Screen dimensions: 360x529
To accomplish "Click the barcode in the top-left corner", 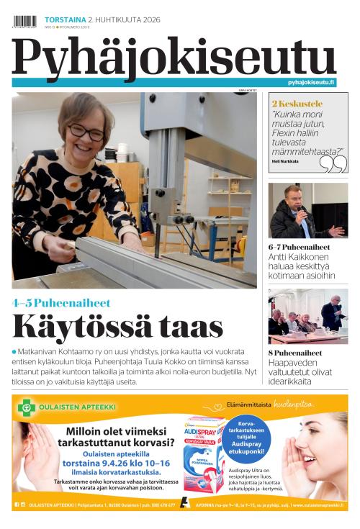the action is click(x=24, y=21).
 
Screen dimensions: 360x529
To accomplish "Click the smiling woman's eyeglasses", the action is click(x=86, y=131).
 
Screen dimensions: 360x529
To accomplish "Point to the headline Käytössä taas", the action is click(x=118, y=327).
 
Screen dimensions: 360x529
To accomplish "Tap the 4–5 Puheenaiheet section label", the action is click(x=61, y=303).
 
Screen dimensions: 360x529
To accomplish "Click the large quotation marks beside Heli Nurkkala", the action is click(x=333, y=163).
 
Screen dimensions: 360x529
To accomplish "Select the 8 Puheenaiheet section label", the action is click(x=295, y=353).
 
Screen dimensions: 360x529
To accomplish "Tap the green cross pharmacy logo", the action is click(x=27, y=407).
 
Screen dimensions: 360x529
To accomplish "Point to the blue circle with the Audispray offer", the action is click(x=246, y=435).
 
